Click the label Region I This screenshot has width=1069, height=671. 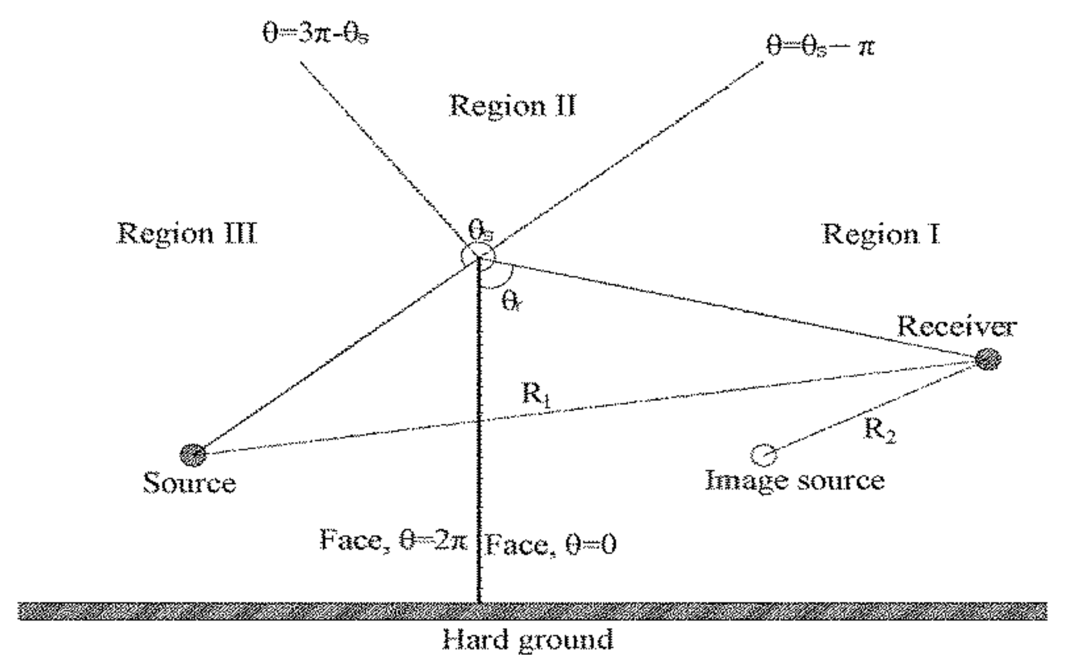[881, 234]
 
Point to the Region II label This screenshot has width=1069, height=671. [513, 106]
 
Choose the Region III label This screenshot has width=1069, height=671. [187, 234]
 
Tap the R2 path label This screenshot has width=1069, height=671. [879, 430]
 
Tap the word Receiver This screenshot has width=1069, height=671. [957, 327]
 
